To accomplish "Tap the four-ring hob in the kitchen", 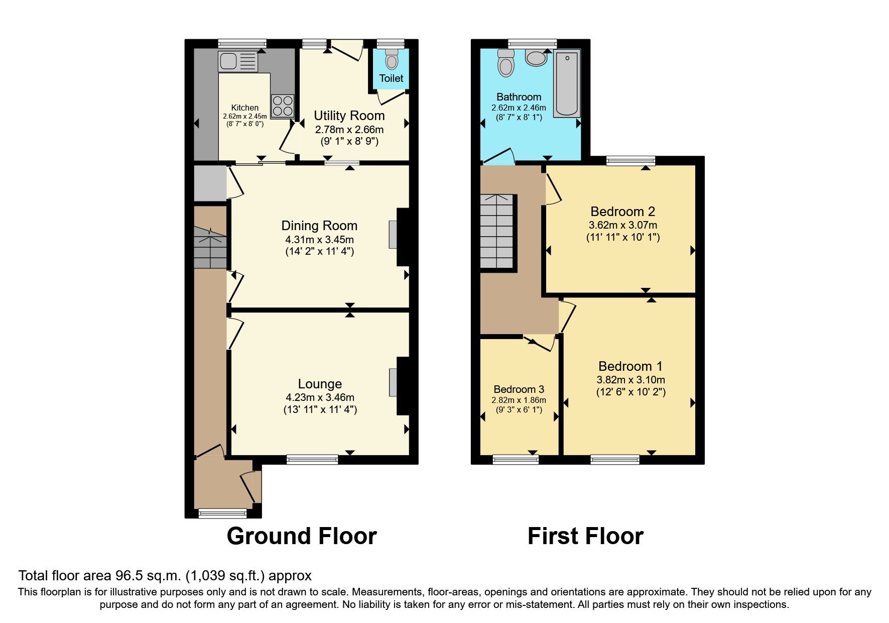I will (283, 106).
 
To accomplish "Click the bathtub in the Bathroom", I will (567, 83).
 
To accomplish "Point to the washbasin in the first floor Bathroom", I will (536, 58).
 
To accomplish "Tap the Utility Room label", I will (349, 116).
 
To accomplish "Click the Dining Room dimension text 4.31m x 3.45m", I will (320, 240).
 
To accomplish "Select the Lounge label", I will (320, 384).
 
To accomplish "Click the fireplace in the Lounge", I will (393, 382).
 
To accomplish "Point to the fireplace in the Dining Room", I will (393, 234).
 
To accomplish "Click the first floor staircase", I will (497, 232).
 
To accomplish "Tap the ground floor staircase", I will (210, 247).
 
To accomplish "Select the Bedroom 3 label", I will (519, 389).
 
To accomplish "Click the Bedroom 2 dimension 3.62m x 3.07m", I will (622, 226).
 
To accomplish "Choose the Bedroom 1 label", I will (630, 366).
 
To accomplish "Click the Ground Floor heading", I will (302, 536).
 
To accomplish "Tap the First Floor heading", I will (585, 536).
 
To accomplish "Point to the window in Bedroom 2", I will (630, 161).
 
